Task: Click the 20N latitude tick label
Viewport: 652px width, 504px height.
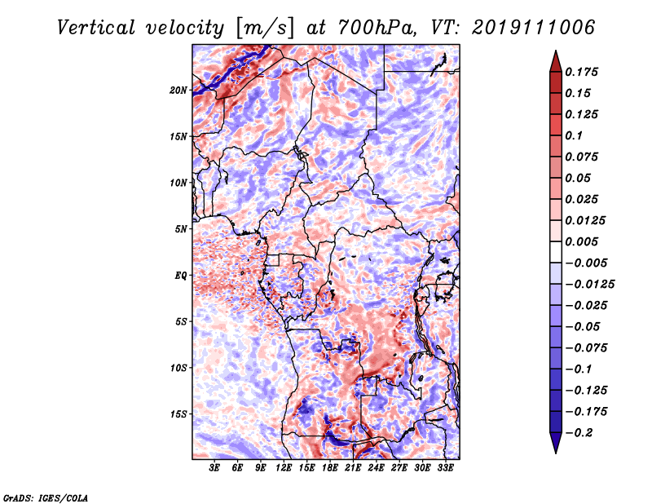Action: click(178, 91)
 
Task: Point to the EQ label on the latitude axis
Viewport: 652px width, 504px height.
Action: click(180, 276)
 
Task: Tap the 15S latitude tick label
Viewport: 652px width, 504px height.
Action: click(178, 414)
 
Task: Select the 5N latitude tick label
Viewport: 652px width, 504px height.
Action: click(180, 229)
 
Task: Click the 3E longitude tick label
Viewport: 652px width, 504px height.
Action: click(214, 468)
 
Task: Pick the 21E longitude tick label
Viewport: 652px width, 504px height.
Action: click(353, 468)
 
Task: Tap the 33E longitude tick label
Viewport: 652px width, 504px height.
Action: click(445, 468)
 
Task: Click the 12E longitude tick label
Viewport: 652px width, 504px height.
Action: click(284, 468)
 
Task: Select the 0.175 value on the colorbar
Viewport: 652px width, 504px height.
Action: click(581, 72)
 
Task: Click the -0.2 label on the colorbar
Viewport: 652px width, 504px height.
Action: click(579, 433)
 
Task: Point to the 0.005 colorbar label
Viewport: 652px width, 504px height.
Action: click(581, 241)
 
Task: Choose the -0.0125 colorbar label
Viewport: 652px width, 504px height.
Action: click(589, 285)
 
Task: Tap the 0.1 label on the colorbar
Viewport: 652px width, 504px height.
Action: click(574, 135)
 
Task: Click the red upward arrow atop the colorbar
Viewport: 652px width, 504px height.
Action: click(556, 61)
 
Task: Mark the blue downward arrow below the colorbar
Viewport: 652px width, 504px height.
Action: click(556, 443)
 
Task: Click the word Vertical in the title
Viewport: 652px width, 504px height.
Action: click(96, 28)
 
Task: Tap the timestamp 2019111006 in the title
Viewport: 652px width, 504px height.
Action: click(534, 28)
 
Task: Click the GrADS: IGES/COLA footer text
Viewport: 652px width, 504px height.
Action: click(46, 497)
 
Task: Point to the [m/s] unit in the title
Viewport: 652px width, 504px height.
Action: click(266, 29)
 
